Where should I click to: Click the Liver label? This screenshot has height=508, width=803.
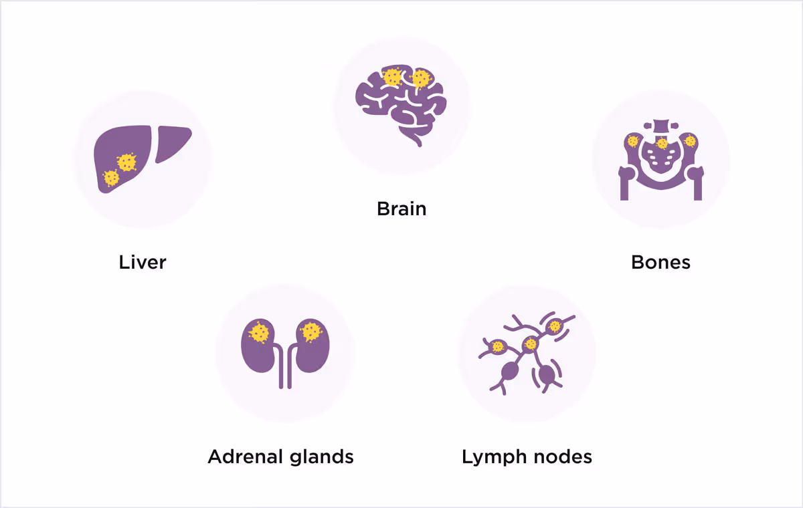tap(142, 262)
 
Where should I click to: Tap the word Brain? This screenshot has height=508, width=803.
tap(401, 209)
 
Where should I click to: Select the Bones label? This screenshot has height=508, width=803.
tap(660, 262)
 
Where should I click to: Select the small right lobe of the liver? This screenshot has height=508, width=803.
tap(172, 144)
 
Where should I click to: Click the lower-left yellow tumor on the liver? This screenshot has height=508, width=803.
tap(111, 178)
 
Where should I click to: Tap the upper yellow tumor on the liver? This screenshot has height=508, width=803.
tap(126, 161)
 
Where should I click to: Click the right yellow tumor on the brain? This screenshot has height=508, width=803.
tap(420, 79)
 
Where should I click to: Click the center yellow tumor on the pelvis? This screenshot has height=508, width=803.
tap(662, 143)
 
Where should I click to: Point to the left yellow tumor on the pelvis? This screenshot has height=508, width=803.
tap(632, 141)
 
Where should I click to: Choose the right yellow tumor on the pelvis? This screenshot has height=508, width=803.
tap(690, 140)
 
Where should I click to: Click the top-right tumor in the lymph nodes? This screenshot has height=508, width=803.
tap(553, 327)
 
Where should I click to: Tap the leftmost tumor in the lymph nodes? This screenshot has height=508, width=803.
tap(497, 346)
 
